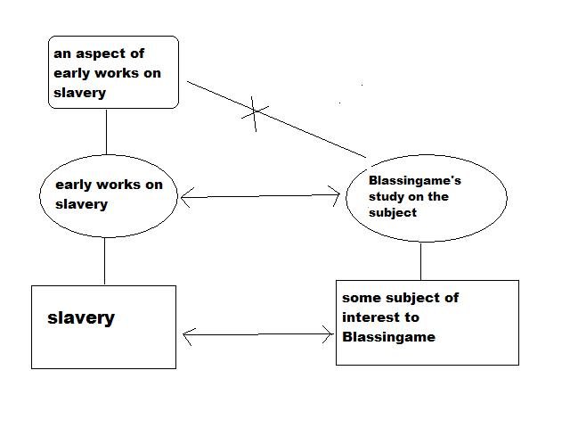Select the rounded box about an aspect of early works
[x=113, y=72]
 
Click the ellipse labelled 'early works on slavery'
[x=109, y=194]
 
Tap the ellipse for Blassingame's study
[x=425, y=197]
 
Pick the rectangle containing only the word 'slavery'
[x=103, y=326]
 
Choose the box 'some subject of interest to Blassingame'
[x=427, y=322]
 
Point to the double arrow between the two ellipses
[x=260, y=197]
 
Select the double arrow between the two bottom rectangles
[x=257, y=335]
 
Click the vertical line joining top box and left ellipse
[x=107, y=131]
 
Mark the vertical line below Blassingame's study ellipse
[x=421, y=261]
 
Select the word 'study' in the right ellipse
[x=386, y=197]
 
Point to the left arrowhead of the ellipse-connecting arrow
[x=183, y=199]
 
